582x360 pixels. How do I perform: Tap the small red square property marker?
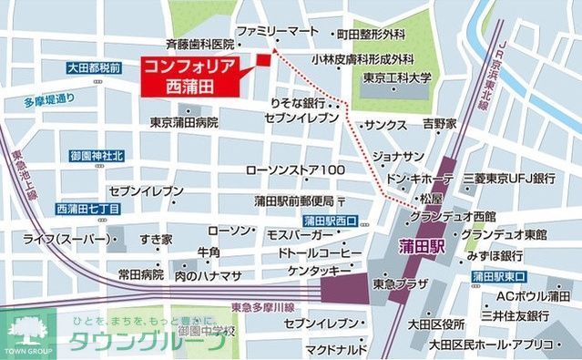click(x=264, y=60)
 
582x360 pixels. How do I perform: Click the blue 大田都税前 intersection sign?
click(x=95, y=67)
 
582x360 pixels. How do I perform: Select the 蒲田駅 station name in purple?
click(x=422, y=248)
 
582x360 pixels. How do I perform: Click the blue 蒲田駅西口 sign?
click(x=332, y=221)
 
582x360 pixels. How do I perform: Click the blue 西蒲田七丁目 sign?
click(x=87, y=209)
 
